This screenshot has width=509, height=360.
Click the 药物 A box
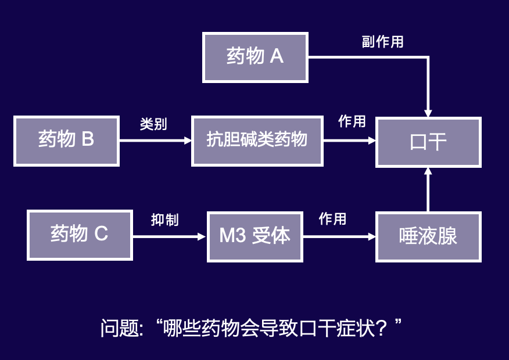tap(255, 57)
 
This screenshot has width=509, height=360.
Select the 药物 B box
tap(66, 141)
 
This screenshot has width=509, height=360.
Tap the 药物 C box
tap(80, 235)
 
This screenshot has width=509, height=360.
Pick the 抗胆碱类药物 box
tap(257, 141)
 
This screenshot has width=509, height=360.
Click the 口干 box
tap(428, 142)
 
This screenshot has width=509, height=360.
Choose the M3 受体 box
tap(254, 236)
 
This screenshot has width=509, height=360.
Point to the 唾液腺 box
tap(428, 236)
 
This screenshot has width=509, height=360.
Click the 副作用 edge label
tap(382, 42)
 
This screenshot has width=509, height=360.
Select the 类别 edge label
tap(153, 124)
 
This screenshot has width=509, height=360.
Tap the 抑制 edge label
tap(164, 220)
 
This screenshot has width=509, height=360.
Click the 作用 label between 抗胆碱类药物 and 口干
tap(352, 121)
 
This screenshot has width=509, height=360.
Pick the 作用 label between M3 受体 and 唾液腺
tap(332, 219)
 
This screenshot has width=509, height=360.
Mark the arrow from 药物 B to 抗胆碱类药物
tap(155, 141)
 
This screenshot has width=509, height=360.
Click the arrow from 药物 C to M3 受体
tap(169, 236)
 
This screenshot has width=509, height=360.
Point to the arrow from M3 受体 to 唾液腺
tap(339, 236)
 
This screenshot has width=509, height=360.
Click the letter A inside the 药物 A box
tap(277, 57)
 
